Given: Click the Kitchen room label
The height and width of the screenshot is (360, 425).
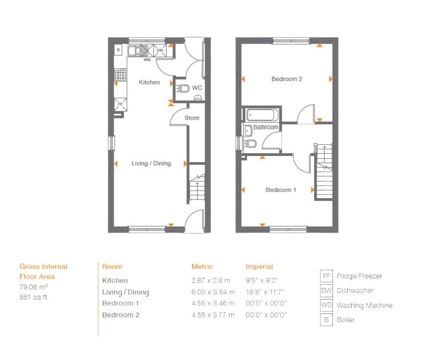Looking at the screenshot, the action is (x=149, y=82).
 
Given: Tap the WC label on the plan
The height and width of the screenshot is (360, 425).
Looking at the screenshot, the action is (x=197, y=88).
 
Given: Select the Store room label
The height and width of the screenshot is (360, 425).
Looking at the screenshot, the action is (x=192, y=118).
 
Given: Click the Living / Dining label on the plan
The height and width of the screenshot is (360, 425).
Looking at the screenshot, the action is (x=151, y=163).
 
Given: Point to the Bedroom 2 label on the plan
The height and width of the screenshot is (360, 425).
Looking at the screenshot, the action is (x=287, y=79).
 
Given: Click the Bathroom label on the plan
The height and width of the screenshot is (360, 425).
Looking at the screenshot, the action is (x=266, y=127).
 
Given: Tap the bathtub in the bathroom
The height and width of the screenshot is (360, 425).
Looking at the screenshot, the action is (x=262, y=115).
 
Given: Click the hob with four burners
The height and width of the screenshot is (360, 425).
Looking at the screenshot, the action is (x=120, y=75).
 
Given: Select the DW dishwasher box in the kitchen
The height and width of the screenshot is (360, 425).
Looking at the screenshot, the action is (x=160, y=50).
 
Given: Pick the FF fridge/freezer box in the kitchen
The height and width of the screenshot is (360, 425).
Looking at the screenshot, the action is (x=120, y=104).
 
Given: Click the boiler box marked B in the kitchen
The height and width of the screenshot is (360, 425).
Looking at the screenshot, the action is (x=118, y=50).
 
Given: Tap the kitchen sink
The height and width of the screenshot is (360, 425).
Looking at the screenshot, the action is (x=134, y=50).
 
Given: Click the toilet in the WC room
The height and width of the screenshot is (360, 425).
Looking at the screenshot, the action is (x=182, y=88).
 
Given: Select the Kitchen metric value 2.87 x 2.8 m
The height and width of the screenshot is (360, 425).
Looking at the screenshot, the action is (x=211, y=280).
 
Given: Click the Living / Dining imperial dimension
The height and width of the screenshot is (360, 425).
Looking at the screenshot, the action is (x=265, y=292).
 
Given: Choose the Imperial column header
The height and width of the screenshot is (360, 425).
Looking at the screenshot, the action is (x=259, y=267).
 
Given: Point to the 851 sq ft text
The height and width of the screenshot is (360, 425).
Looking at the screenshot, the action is (x=34, y=297).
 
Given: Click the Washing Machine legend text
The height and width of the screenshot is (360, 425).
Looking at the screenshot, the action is (x=365, y=305).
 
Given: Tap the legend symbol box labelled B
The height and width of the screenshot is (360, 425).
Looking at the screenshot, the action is (x=326, y=320).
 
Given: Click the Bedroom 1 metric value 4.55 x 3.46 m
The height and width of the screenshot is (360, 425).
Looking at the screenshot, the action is (x=213, y=303).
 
